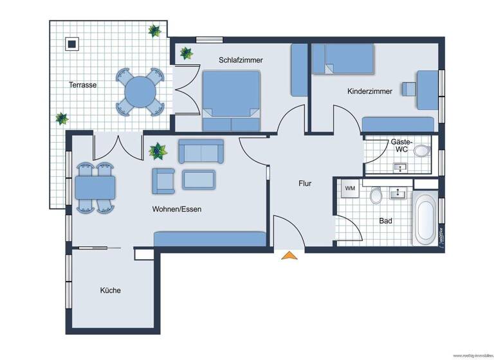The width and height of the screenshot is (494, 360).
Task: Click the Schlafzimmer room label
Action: coord(241,60)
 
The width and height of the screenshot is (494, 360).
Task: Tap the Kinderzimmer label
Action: coord(369,91)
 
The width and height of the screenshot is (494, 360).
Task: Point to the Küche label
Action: coord(110,291)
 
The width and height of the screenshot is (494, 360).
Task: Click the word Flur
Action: coord(305,183)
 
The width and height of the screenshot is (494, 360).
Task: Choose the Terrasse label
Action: coord(83,84)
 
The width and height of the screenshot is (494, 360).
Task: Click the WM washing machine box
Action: coord(350,189)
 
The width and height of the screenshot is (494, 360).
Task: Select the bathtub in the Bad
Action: coord(425,221)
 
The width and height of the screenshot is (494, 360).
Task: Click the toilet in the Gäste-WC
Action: coord(421,151)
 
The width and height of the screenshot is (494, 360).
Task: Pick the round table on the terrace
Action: coord(139,92)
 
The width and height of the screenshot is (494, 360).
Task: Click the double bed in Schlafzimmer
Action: coord(232,101)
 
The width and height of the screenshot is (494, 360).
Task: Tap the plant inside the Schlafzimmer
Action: coord(186,53)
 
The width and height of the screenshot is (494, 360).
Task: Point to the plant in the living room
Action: coord(157,152)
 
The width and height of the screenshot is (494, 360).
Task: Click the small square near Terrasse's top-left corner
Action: coord(71,44)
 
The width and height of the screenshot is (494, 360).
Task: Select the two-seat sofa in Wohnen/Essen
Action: coord(201,150)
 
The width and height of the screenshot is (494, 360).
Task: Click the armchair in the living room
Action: coord(163,181)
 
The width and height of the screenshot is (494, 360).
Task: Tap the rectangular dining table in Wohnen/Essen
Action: coord(95,188)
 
